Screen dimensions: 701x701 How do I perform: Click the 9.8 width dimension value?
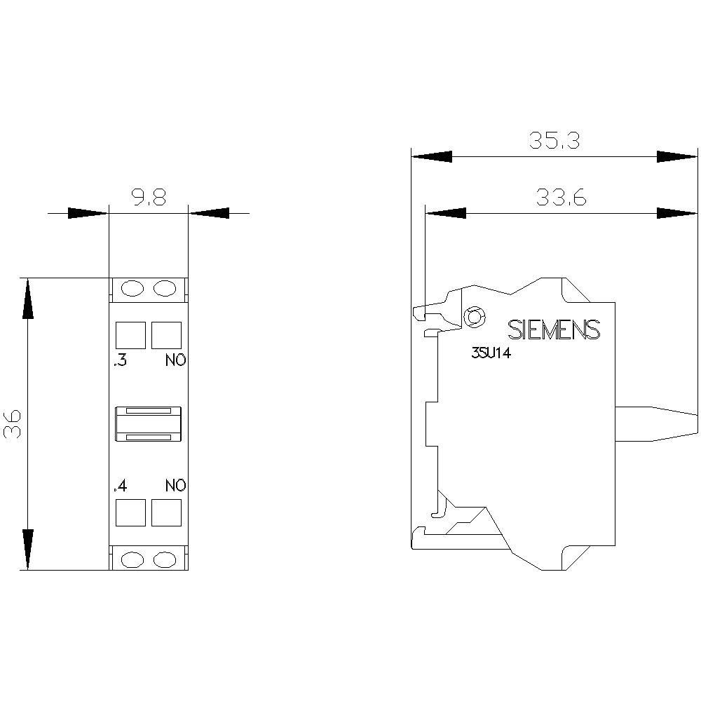click(149, 198)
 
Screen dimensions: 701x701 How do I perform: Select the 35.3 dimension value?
click(554, 141)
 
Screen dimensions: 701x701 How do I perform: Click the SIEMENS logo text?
click(554, 330)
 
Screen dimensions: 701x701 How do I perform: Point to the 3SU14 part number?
click(491, 355)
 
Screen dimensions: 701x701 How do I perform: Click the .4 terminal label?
click(119, 485)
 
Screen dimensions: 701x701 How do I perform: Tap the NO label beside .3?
click(176, 362)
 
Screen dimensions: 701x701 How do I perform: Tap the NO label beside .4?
click(176, 485)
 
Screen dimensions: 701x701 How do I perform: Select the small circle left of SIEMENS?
click(474, 318)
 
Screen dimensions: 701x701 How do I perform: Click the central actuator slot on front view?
click(149, 424)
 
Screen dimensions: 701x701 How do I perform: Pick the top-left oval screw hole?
click(131, 288)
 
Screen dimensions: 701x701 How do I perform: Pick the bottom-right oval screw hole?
click(165, 559)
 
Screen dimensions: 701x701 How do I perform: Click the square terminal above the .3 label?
click(130, 335)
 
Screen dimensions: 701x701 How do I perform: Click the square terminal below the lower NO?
click(166, 512)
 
